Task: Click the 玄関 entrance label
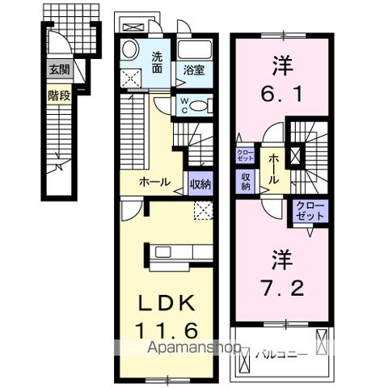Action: (57, 70)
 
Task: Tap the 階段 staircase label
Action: (57, 95)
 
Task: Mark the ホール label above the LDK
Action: (153, 182)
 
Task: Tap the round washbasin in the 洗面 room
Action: (129, 51)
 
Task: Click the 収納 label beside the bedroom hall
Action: (244, 180)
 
